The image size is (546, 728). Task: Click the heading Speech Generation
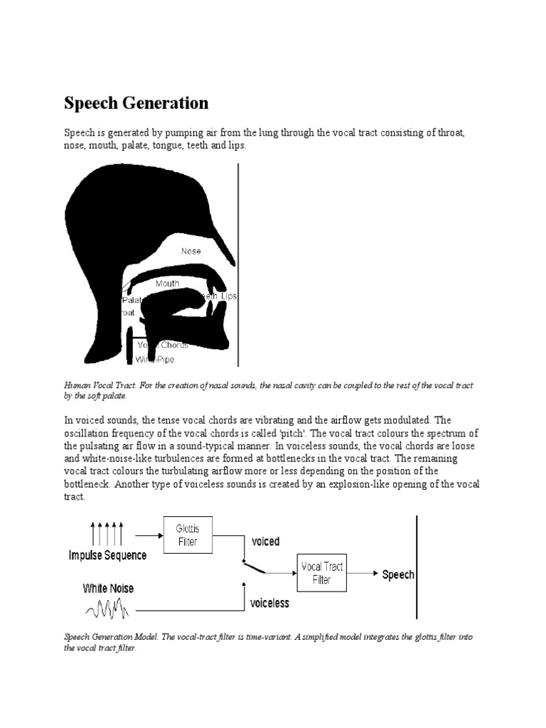pos(136,103)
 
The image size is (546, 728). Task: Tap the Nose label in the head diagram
pos(191,251)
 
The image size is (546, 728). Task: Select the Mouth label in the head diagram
pos(168,283)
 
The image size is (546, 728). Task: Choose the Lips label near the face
pos(229,296)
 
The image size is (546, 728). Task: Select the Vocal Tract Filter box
pos(322,573)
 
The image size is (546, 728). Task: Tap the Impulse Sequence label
pos(108,555)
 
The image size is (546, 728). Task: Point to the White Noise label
pos(108,589)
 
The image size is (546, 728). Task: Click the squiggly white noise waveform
pos(107,609)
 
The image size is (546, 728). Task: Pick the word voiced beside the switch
pos(265,542)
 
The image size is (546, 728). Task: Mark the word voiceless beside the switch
pos(270,603)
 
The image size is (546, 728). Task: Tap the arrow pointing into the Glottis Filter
pos(147,535)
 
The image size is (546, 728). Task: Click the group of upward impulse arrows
pos(107,532)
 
